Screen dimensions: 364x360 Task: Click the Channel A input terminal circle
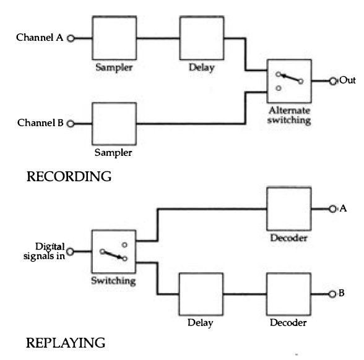pyautogui.click(x=71, y=38)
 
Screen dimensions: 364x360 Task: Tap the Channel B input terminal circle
pyautogui.click(x=71, y=124)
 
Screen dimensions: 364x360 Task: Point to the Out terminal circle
pyautogui.click(x=333, y=81)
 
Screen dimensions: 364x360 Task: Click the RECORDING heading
pyautogui.click(x=69, y=176)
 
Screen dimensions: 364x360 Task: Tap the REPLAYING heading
pyautogui.click(x=66, y=343)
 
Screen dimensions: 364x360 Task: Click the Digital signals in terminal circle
pyautogui.click(x=70, y=251)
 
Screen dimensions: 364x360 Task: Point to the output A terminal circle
pyautogui.click(x=332, y=209)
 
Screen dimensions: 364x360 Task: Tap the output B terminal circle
pyautogui.click(x=332, y=294)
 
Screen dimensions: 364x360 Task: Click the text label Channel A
pyautogui.click(x=40, y=37)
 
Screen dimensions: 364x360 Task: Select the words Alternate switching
pyautogui.click(x=289, y=116)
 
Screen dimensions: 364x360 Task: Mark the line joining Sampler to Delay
pyautogui.click(x=158, y=38)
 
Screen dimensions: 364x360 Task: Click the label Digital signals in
pyautogui.click(x=44, y=251)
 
